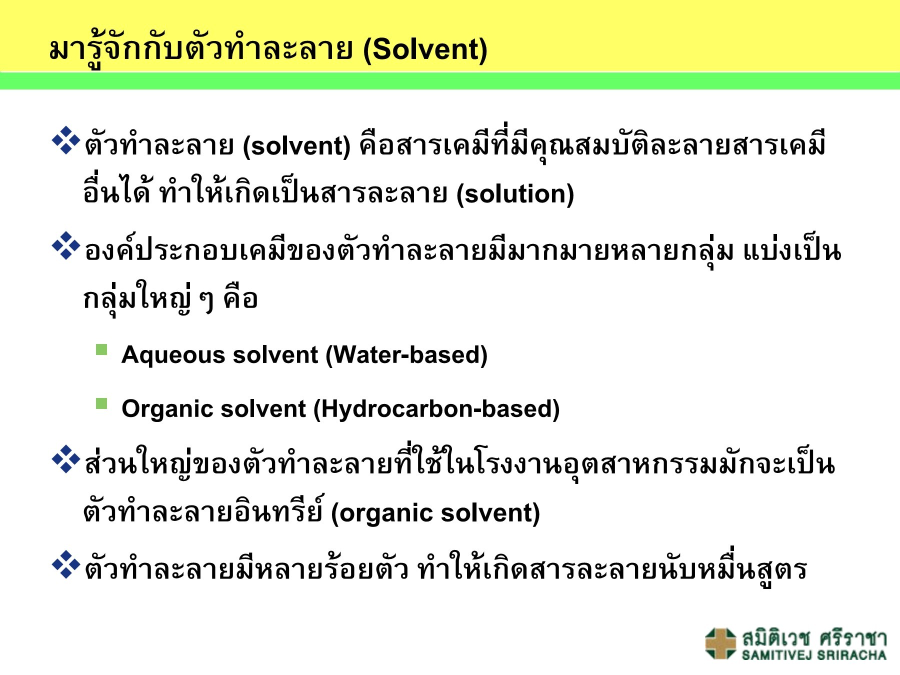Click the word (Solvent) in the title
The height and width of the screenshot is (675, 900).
[x=425, y=50]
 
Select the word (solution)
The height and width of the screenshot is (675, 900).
[x=515, y=194]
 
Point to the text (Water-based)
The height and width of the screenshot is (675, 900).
[x=406, y=355]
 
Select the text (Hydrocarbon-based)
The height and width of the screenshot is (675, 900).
[x=436, y=409]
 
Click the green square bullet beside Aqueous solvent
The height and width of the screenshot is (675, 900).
[x=101, y=349]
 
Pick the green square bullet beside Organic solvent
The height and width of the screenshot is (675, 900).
[x=101, y=403]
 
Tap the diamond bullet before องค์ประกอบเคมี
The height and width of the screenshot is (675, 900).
[x=66, y=246]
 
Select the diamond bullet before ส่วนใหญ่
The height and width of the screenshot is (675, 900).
[x=66, y=459]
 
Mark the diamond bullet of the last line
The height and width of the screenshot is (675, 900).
[x=66, y=565]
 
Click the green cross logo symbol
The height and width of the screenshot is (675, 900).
[x=720, y=643]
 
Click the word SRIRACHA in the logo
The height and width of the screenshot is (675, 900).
[x=852, y=655]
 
